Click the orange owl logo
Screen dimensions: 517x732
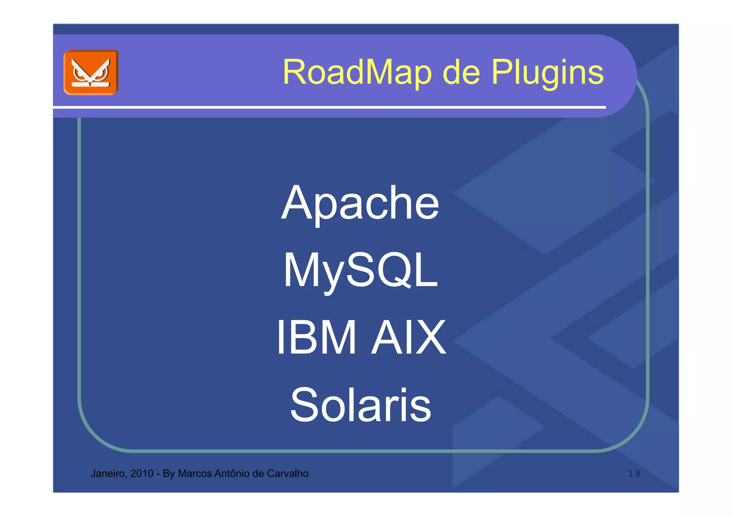tap(91, 72)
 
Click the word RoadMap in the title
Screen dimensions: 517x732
tap(357, 72)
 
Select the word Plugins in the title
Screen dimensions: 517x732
tap(547, 72)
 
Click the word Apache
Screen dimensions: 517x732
tap(360, 204)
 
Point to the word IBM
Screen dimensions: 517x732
tap(317, 337)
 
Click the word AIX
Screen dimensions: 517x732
tap(409, 337)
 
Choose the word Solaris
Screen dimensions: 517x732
tap(360, 405)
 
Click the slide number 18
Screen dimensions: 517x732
tap(634, 474)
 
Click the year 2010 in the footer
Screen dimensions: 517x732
tap(142, 474)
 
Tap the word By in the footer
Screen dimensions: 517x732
tap(169, 474)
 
